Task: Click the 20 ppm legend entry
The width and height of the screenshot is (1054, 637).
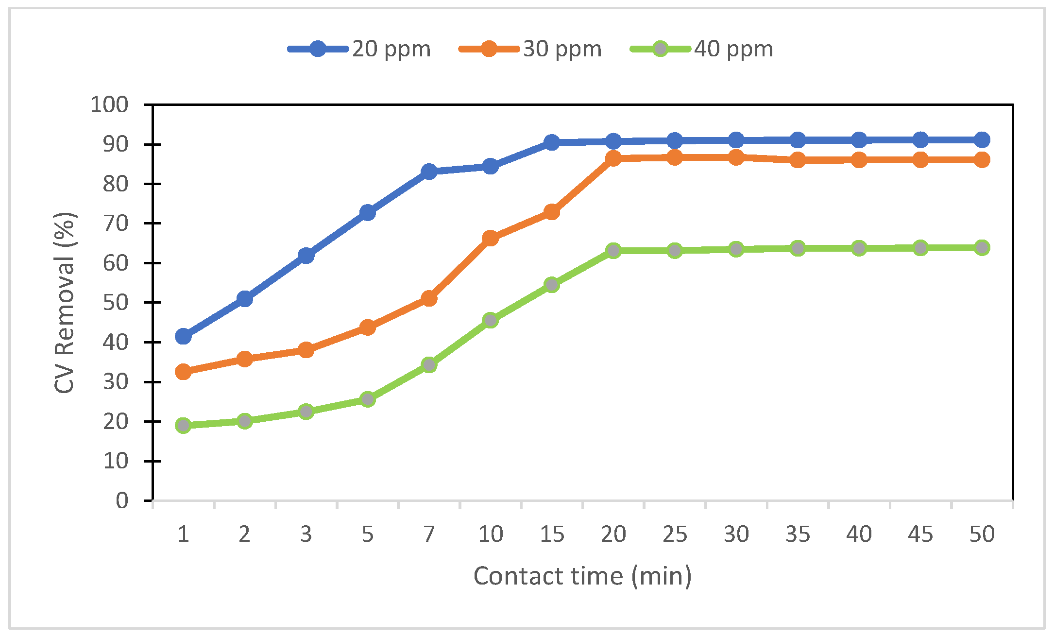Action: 359,49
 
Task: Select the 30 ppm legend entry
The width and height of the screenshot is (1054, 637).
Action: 530,49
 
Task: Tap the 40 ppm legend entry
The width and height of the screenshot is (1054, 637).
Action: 701,49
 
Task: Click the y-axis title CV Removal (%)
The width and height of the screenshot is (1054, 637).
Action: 65,302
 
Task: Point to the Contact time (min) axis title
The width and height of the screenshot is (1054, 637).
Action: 582,576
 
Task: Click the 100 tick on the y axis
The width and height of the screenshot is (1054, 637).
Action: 109,104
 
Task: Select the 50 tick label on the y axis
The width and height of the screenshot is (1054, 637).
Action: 115,302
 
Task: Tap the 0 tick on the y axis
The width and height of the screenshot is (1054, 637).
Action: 122,500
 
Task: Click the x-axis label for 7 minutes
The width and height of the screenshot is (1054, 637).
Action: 428,534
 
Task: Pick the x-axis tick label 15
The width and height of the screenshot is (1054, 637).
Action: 552,534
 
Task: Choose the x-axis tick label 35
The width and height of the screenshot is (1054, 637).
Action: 798,534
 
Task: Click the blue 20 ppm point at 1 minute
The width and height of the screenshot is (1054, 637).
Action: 183,336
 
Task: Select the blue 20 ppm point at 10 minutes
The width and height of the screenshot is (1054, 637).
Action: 490,166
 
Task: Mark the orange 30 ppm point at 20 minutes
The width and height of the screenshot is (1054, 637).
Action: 613,158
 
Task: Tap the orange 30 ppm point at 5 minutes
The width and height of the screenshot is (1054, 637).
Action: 368,327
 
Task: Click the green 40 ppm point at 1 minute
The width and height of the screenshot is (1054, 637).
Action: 183,426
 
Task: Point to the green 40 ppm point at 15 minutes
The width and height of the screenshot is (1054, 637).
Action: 552,284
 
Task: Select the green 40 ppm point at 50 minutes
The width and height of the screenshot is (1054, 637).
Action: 982,248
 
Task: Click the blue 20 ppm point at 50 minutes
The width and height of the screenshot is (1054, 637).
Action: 982,140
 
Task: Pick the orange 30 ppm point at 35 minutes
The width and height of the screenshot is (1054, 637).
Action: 798,160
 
